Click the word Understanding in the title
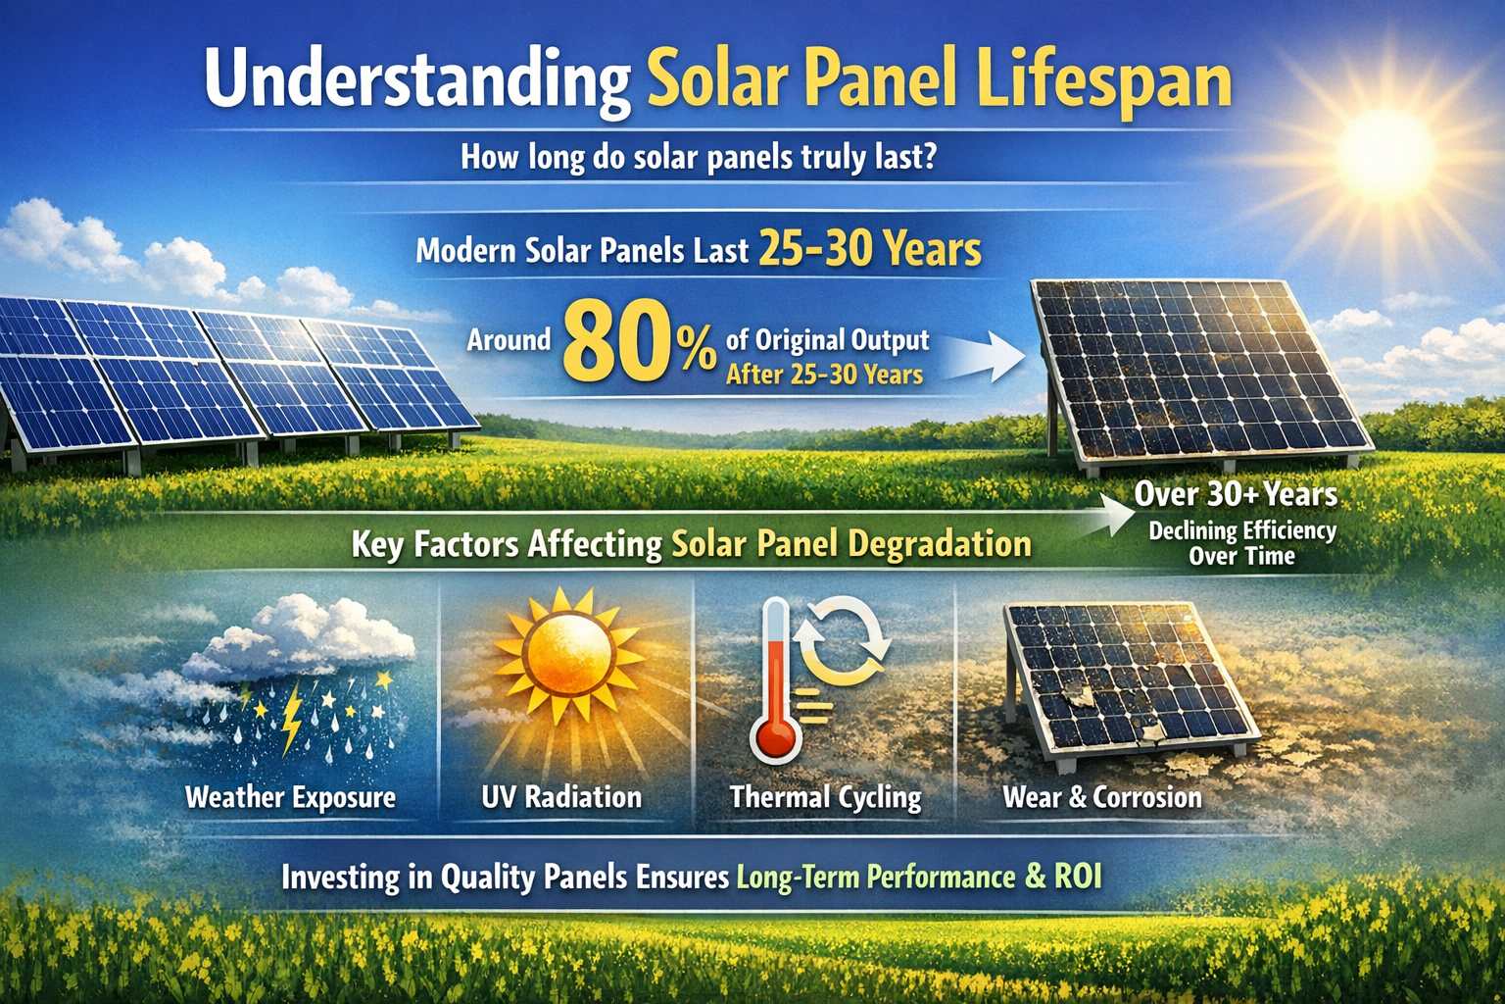pyautogui.click(x=416, y=82)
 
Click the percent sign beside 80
pyautogui.click(x=698, y=350)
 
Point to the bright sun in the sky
pyautogui.click(x=1384, y=150)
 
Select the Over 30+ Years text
pyautogui.click(x=1236, y=495)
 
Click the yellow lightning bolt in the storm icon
pyautogui.click(x=291, y=719)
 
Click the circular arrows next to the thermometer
pyautogui.click(x=842, y=642)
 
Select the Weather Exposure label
pyautogui.click(x=290, y=797)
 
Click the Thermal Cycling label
pyautogui.click(x=825, y=797)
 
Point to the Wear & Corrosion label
pyautogui.click(x=1101, y=797)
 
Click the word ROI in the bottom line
pyautogui.click(x=1078, y=876)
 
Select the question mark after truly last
pyautogui.click(x=928, y=157)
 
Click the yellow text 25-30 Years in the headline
pyautogui.click(x=869, y=249)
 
